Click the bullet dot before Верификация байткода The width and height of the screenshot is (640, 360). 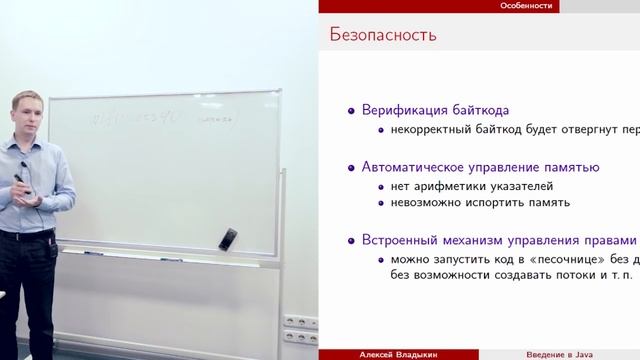click(349, 111)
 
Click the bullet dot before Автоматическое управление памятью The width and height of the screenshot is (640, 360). click(349, 167)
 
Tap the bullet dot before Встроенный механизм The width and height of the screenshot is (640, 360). click(349, 241)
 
